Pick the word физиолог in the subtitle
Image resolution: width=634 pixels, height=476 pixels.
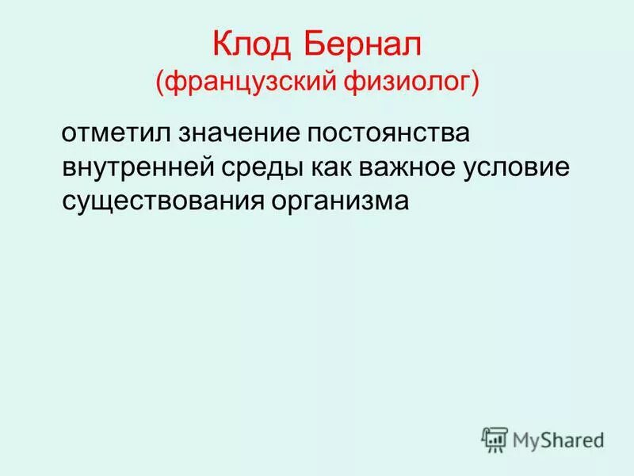click(x=414, y=82)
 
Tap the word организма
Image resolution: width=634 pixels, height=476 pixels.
click(x=341, y=202)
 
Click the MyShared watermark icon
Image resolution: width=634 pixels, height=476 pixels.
click(x=495, y=439)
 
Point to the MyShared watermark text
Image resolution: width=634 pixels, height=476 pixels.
click(x=558, y=439)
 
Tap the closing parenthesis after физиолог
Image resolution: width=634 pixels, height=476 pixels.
click(x=475, y=83)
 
